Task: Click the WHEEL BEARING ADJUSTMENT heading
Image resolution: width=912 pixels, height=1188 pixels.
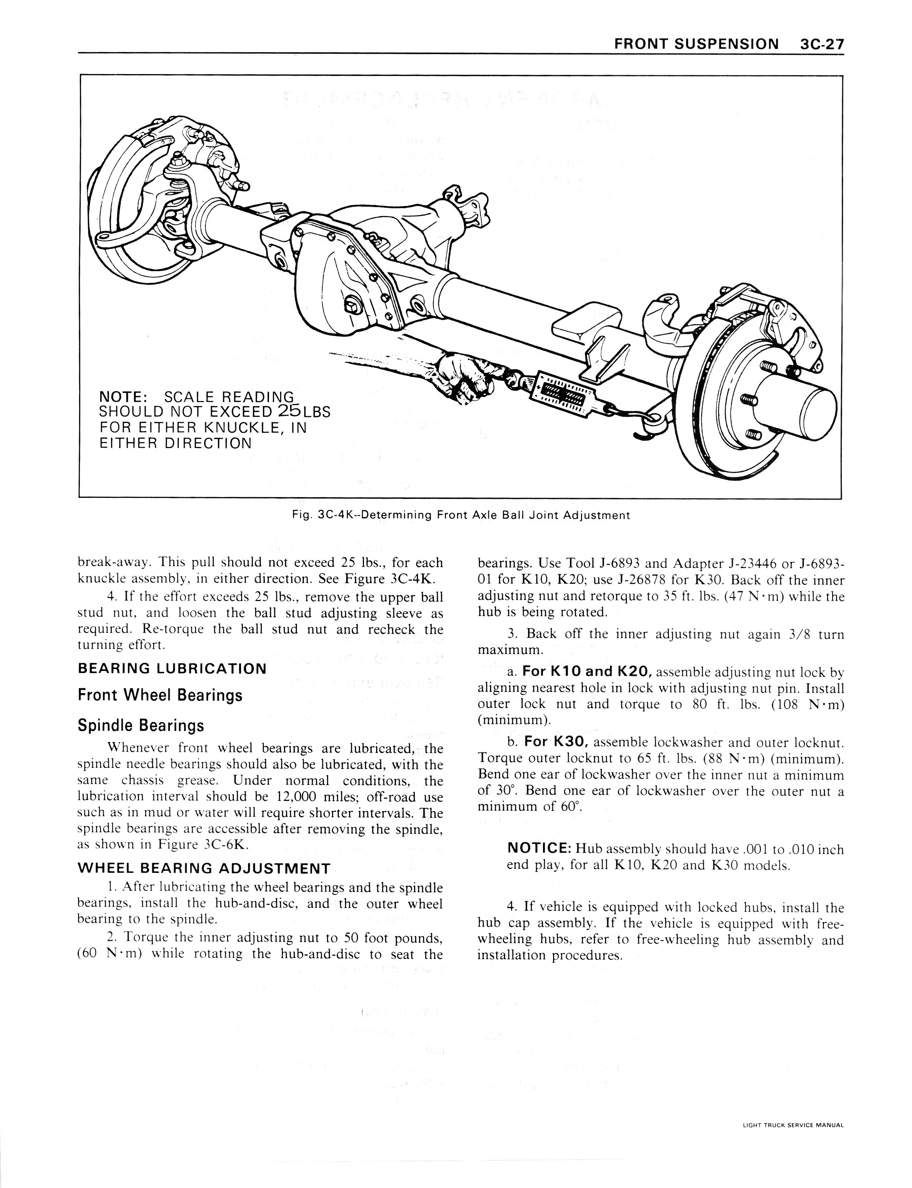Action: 204,868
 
